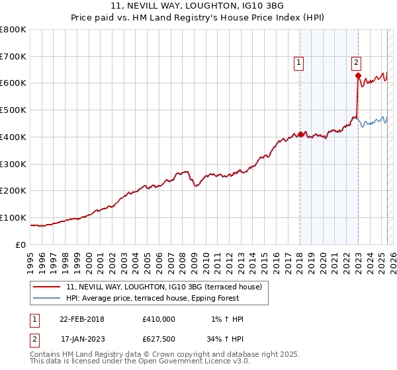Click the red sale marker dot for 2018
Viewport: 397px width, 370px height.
300,134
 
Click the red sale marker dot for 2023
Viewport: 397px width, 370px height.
358,75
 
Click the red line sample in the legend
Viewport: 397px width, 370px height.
47,287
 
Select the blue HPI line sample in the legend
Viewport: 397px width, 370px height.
47,298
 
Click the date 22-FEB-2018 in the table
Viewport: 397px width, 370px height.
81,319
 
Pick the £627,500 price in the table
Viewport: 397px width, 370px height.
159,340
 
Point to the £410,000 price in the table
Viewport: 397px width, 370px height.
159,319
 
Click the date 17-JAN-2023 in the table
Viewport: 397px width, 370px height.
81,340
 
